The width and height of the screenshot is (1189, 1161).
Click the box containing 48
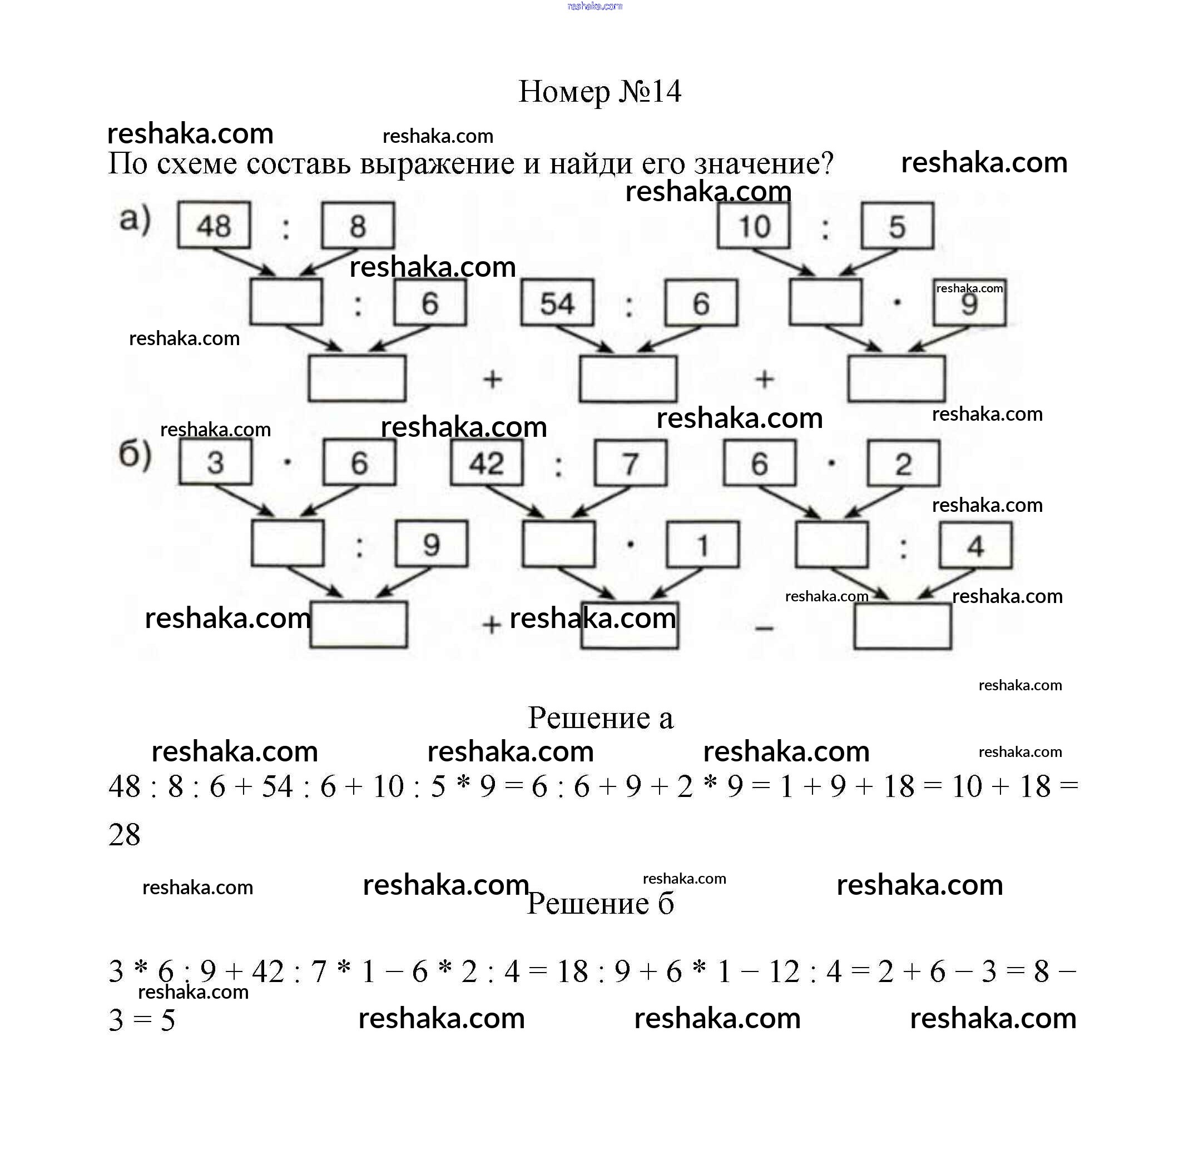tap(214, 226)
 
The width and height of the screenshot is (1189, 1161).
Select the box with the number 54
tap(556, 303)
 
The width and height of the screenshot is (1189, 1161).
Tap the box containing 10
tap(754, 226)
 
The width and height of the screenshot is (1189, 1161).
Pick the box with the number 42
tap(486, 463)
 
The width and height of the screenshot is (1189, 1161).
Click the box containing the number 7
tap(630, 464)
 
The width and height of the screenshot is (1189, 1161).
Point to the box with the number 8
tap(358, 226)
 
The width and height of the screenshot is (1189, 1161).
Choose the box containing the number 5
tap(897, 226)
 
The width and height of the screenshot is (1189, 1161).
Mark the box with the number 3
tap(215, 462)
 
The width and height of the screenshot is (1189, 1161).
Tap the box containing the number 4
tap(975, 545)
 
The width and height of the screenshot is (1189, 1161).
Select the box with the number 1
tap(702, 545)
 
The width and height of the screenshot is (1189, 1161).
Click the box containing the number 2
tap(903, 464)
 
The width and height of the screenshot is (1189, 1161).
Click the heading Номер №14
tap(599, 92)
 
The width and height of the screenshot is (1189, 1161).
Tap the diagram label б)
tap(135, 454)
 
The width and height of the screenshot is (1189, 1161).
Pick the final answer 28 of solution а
tap(125, 834)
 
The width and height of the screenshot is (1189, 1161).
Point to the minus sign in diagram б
tap(764, 627)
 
